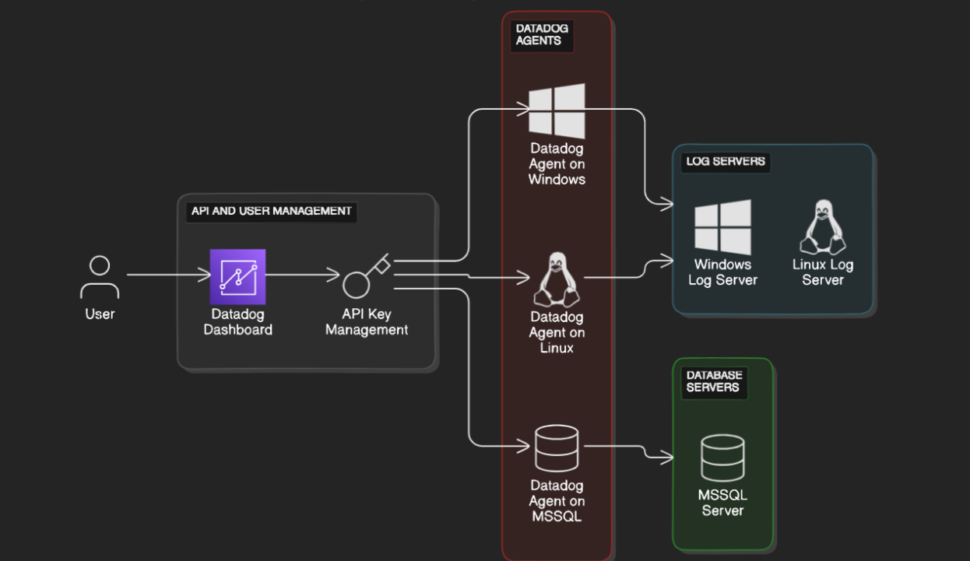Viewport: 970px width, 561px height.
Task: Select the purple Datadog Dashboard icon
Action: (x=237, y=277)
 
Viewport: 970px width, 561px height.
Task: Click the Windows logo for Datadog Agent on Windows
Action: (x=557, y=111)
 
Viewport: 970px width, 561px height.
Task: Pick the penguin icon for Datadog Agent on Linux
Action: (x=557, y=279)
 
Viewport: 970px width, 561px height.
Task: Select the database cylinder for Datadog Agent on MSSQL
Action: (x=557, y=448)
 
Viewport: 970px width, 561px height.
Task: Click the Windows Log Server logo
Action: (x=722, y=227)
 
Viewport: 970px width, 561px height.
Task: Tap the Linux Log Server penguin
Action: (x=823, y=227)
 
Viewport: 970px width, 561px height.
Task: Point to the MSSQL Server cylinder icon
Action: (x=722, y=458)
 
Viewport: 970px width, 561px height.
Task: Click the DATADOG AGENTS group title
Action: (x=542, y=35)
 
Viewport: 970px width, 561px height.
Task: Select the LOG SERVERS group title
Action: (x=726, y=162)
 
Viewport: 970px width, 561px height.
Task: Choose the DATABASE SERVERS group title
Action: (x=714, y=381)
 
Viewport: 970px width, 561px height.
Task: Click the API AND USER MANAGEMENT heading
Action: (x=272, y=211)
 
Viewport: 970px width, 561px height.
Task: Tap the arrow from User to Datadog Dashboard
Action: (x=168, y=275)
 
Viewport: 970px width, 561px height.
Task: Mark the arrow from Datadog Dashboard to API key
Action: (x=303, y=275)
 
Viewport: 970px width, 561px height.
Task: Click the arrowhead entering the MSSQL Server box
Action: (x=666, y=457)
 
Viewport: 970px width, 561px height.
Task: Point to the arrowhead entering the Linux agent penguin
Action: (x=522, y=278)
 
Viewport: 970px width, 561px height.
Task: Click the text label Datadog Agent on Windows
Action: (x=557, y=164)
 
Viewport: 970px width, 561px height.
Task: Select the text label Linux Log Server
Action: (x=823, y=272)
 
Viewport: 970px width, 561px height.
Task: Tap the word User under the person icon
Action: (x=100, y=314)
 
